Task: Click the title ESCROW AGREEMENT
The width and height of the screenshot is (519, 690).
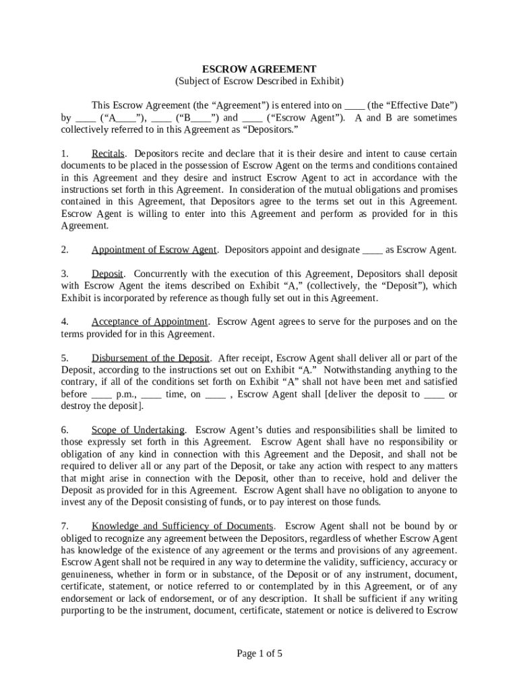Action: pyautogui.click(x=259, y=69)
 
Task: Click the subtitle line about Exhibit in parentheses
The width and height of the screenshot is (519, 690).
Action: pyautogui.click(x=259, y=82)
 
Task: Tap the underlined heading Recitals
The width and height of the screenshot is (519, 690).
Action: pyautogui.click(x=108, y=154)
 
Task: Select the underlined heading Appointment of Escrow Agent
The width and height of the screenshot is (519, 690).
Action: pyautogui.click(x=154, y=250)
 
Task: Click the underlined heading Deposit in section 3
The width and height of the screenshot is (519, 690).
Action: pyautogui.click(x=107, y=274)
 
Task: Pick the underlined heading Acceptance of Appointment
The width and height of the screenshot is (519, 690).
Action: pyautogui.click(x=150, y=322)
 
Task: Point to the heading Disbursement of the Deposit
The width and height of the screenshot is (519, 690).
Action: pyautogui.click(x=152, y=358)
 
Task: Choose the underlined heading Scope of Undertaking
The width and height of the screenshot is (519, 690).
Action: pyautogui.click(x=138, y=430)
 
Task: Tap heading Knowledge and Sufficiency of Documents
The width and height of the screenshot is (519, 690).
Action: pyautogui.click(x=183, y=526)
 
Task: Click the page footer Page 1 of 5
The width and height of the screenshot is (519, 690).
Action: pyautogui.click(x=259, y=654)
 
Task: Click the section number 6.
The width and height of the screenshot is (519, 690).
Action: pyautogui.click(x=65, y=430)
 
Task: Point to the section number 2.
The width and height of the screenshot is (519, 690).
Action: pyautogui.click(x=65, y=250)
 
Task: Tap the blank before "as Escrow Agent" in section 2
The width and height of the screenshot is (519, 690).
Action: pyautogui.click(x=373, y=250)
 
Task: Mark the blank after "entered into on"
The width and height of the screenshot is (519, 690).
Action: pyautogui.click(x=355, y=106)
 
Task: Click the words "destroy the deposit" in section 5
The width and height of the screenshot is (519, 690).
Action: pyautogui.click(x=100, y=406)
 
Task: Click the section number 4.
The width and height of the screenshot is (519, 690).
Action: pyautogui.click(x=65, y=322)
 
